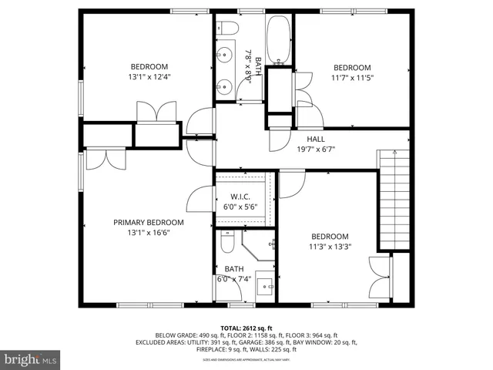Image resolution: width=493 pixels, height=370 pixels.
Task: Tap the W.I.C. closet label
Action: (x=241, y=197)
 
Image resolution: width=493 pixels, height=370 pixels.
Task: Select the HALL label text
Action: (x=306, y=139)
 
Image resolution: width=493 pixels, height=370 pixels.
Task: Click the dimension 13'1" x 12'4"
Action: (x=149, y=77)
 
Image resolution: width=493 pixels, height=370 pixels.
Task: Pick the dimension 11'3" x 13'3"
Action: (x=330, y=247)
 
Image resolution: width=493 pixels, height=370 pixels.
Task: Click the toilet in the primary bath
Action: (x=227, y=244)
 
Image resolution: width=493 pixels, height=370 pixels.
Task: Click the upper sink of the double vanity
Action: (x=226, y=55)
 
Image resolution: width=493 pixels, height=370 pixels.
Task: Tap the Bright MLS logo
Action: (x=31, y=358)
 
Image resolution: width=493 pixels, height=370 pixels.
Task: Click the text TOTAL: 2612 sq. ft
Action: (x=246, y=327)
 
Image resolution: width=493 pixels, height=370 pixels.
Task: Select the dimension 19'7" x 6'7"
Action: (x=316, y=150)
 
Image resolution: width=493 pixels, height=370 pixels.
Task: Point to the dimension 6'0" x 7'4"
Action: (x=234, y=279)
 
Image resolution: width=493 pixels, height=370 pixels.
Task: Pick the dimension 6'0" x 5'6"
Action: (x=241, y=207)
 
